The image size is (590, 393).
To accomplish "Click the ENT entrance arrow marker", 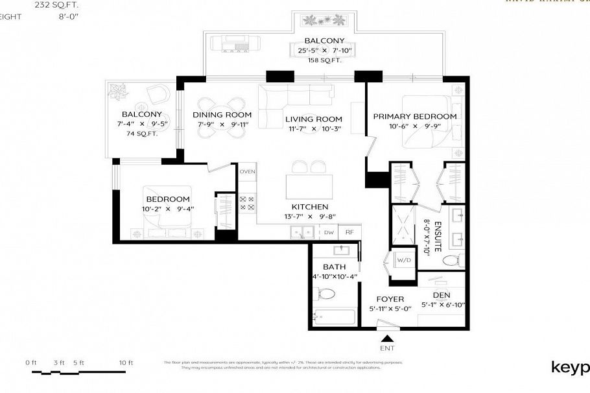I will pyautogui.click(x=388, y=338).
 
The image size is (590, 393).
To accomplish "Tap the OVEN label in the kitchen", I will pyautogui.click(x=247, y=171).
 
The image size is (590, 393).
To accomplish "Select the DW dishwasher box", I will pyautogui.click(x=329, y=232).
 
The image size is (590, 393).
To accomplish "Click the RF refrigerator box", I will pyautogui.click(x=349, y=232).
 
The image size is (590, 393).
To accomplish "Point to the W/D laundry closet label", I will pyautogui.click(x=403, y=261).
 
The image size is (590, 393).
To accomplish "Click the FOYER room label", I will pyautogui.click(x=390, y=299).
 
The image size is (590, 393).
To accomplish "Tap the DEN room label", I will pyautogui.click(x=442, y=295).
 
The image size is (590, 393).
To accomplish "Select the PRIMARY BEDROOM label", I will pyautogui.click(x=414, y=116).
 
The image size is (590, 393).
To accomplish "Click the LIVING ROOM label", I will pyautogui.click(x=313, y=119).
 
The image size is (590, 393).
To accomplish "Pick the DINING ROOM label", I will pyautogui.click(x=222, y=115).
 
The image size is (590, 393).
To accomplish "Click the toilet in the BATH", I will pyautogui.click(x=326, y=292).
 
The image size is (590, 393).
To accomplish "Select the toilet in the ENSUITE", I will pyautogui.click(x=451, y=260).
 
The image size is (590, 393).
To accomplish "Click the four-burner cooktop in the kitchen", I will pyautogui.click(x=247, y=202).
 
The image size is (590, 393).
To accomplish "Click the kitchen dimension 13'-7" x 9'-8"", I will pyautogui.click(x=313, y=217).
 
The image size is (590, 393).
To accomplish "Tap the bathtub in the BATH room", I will pyautogui.click(x=333, y=318).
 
